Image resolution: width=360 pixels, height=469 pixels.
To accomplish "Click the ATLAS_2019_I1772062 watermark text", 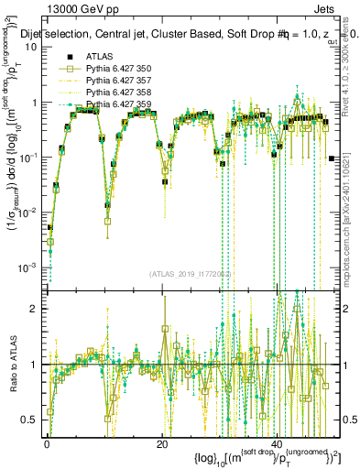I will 192,274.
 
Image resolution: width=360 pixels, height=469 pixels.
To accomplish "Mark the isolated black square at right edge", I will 332,158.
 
